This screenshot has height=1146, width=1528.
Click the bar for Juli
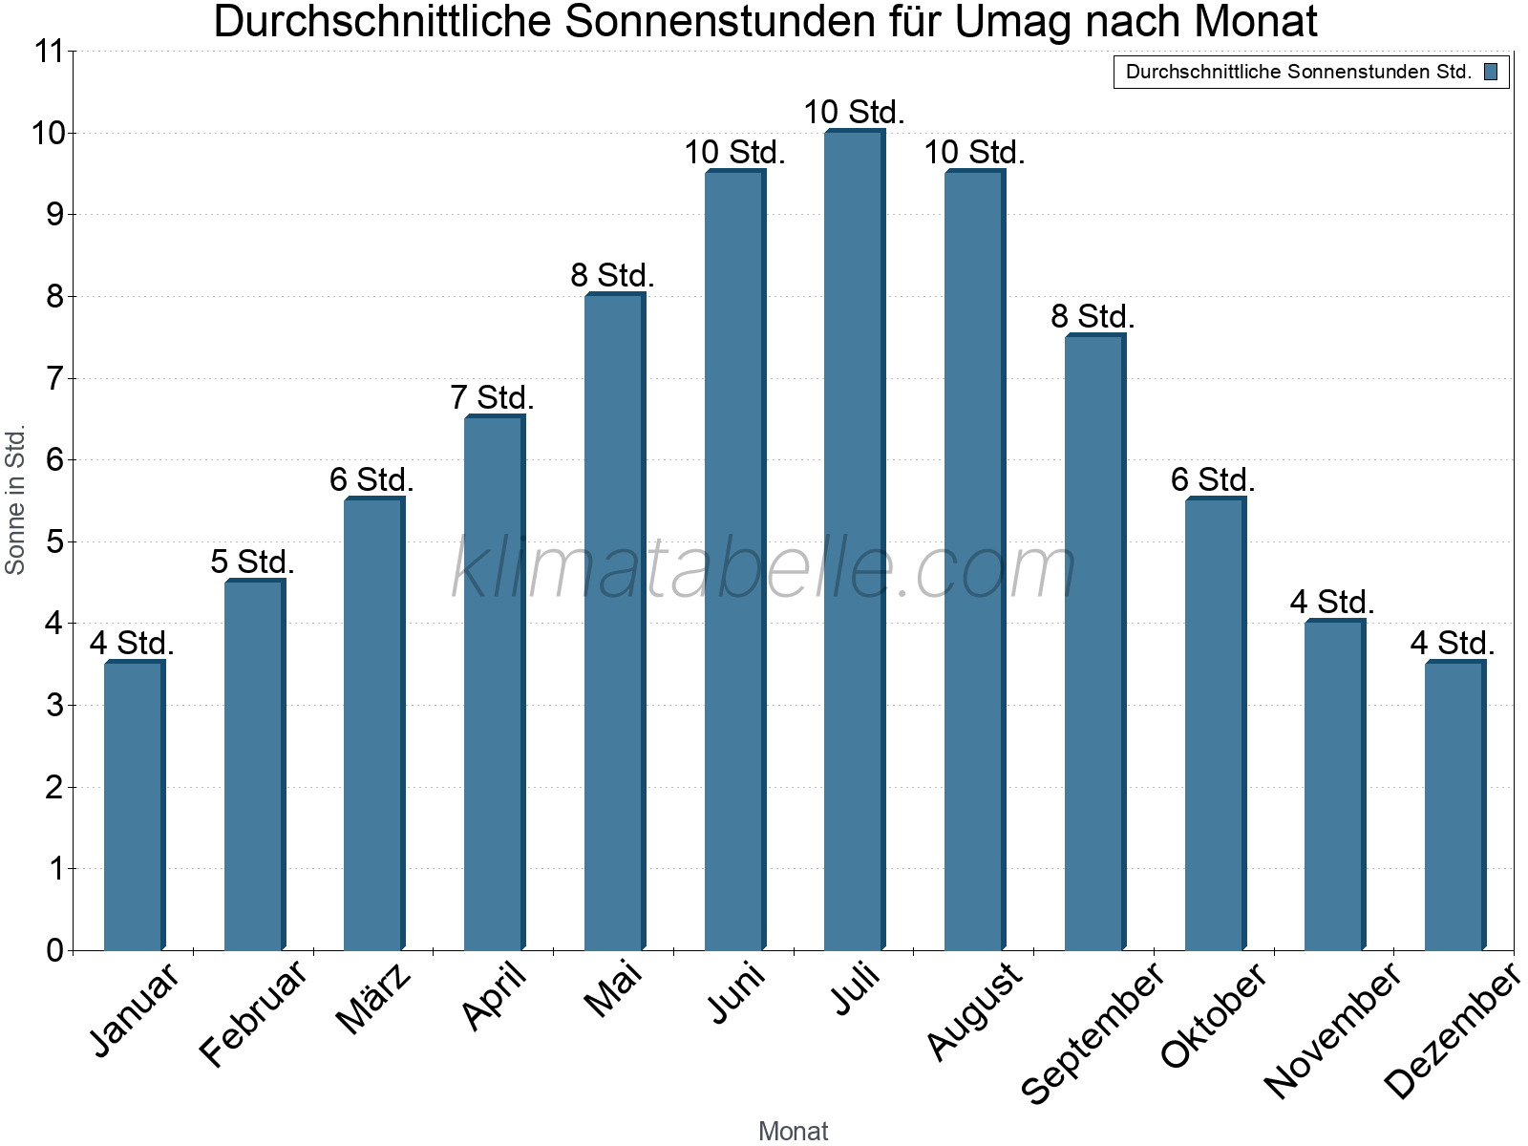tap(855, 540)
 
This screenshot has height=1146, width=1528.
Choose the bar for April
tap(495, 683)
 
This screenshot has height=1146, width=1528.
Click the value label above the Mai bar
tap(612, 276)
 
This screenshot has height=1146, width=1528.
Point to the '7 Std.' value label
tap(492, 397)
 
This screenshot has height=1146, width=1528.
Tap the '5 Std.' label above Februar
tap(252, 562)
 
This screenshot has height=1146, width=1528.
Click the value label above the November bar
tap(1332, 602)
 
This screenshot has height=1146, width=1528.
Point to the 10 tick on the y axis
tap(48, 133)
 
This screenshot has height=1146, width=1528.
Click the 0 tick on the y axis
tap(54, 950)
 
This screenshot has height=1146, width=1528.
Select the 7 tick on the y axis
tap(54, 378)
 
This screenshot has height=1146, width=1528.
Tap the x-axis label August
tap(974, 1010)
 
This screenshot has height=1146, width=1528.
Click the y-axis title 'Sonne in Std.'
tap(15, 500)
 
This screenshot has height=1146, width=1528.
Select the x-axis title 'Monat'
tap(793, 1131)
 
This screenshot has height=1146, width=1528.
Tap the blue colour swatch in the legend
tap(1491, 72)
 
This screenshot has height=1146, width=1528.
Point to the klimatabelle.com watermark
tap(764, 569)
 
